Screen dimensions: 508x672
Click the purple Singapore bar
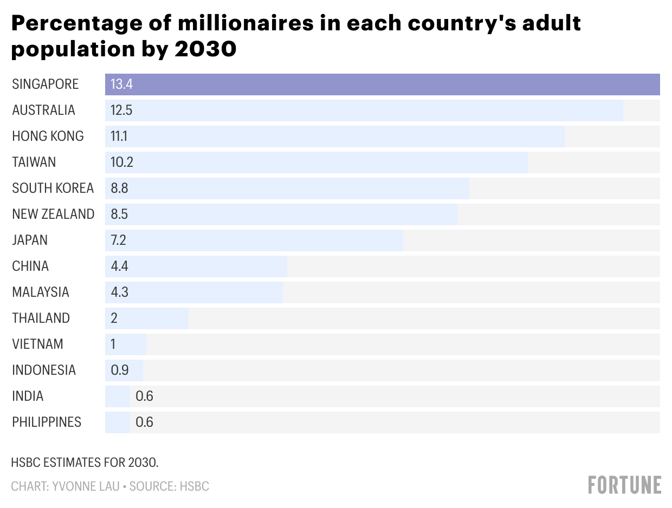pyautogui.click(x=382, y=84)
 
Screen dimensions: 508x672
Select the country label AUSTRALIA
pyautogui.click(x=43, y=110)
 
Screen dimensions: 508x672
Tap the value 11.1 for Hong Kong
pyautogui.click(x=119, y=136)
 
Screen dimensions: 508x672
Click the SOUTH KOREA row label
pyautogui.click(x=53, y=188)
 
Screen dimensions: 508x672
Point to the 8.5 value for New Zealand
pyautogui.click(x=119, y=214)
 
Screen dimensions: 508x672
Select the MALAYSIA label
pyautogui.click(x=41, y=292)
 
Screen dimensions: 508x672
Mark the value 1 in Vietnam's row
pyautogui.click(x=113, y=344)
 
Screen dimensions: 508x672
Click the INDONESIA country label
pyautogui.click(x=44, y=370)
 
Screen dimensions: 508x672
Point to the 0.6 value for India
pyautogui.click(x=144, y=396)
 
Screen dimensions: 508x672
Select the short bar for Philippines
pyautogui.click(x=118, y=422)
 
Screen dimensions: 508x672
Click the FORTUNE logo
pyautogui.click(x=624, y=485)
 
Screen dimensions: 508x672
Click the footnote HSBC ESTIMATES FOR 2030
pyautogui.click(x=85, y=463)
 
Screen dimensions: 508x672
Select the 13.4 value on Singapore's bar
pyautogui.click(x=121, y=84)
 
